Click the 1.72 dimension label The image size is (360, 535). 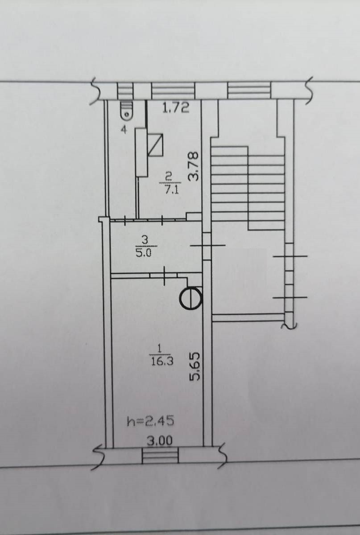pos(176,108)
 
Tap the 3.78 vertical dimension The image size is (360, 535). pos(193,166)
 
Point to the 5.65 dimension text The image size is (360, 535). pos(194,366)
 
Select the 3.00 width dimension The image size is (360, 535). pos(159,440)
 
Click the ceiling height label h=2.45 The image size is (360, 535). pos(150,421)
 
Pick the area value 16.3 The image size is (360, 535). pos(162,362)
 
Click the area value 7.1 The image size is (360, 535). pos(170,191)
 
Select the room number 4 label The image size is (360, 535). pos(124,130)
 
